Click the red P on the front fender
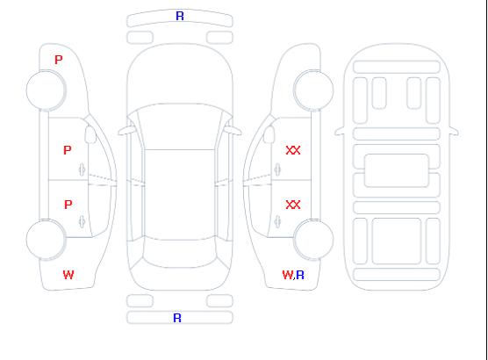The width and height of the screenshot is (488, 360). [59, 60]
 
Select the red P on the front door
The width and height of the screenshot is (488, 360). [68, 150]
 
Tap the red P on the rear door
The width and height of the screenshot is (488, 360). [68, 205]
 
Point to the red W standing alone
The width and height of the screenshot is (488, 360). [68, 275]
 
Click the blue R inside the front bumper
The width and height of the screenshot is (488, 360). [180, 16]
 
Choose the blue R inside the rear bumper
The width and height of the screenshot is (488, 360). [177, 318]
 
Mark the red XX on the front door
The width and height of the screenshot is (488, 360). [293, 150]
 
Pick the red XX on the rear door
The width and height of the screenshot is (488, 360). [293, 205]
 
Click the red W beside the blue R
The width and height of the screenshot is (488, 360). [288, 275]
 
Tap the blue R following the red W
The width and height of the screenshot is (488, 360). [300, 275]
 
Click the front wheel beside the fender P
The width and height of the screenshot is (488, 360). [46, 90]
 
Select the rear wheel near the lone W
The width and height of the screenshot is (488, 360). [46, 240]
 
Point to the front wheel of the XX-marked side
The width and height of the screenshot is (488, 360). [313, 90]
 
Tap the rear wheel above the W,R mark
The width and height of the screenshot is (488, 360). [313, 240]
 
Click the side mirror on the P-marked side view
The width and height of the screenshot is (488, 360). [90, 134]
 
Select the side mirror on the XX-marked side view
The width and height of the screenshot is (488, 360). [269, 134]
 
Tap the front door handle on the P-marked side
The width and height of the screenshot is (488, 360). [83, 169]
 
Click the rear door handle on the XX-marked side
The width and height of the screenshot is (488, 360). [277, 221]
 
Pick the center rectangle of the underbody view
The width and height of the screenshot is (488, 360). [397, 170]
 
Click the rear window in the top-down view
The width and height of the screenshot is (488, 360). [180, 254]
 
